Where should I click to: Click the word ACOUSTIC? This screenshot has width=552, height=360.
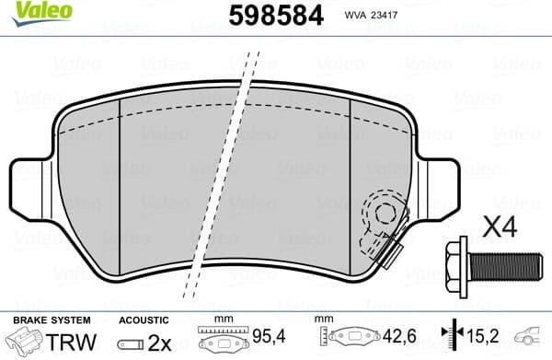click(x=144, y=320)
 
